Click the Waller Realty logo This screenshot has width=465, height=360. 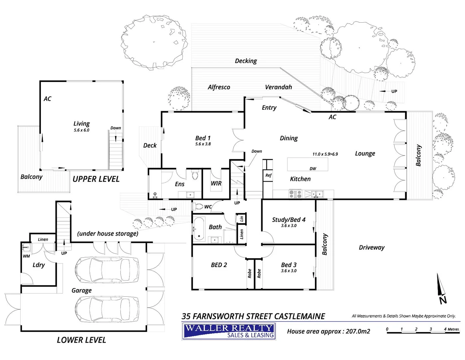coord(229,331)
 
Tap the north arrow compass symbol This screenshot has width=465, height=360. coord(441,288)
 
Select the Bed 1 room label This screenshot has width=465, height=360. coord(203,138)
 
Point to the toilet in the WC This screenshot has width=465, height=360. coord(198,207)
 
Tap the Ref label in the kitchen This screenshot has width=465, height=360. coord(268,175)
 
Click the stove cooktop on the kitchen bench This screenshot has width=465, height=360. coord(295,194)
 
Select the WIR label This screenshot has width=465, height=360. coord(216,183)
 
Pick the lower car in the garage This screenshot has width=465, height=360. coord(107,309)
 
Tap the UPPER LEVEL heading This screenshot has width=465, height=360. coord(96,179)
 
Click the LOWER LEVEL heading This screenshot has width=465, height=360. coord(81,340)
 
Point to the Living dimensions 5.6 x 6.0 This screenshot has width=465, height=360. coord(81,130)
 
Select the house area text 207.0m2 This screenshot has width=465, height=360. coord(328,331)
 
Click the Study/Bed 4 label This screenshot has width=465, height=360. coord(289,220)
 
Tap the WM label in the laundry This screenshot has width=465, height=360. coord(26,256)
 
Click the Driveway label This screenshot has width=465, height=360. coord(372,247)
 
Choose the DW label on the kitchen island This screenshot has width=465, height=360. coord(313,169)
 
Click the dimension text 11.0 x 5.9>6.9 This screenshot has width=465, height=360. coord(325,154)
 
